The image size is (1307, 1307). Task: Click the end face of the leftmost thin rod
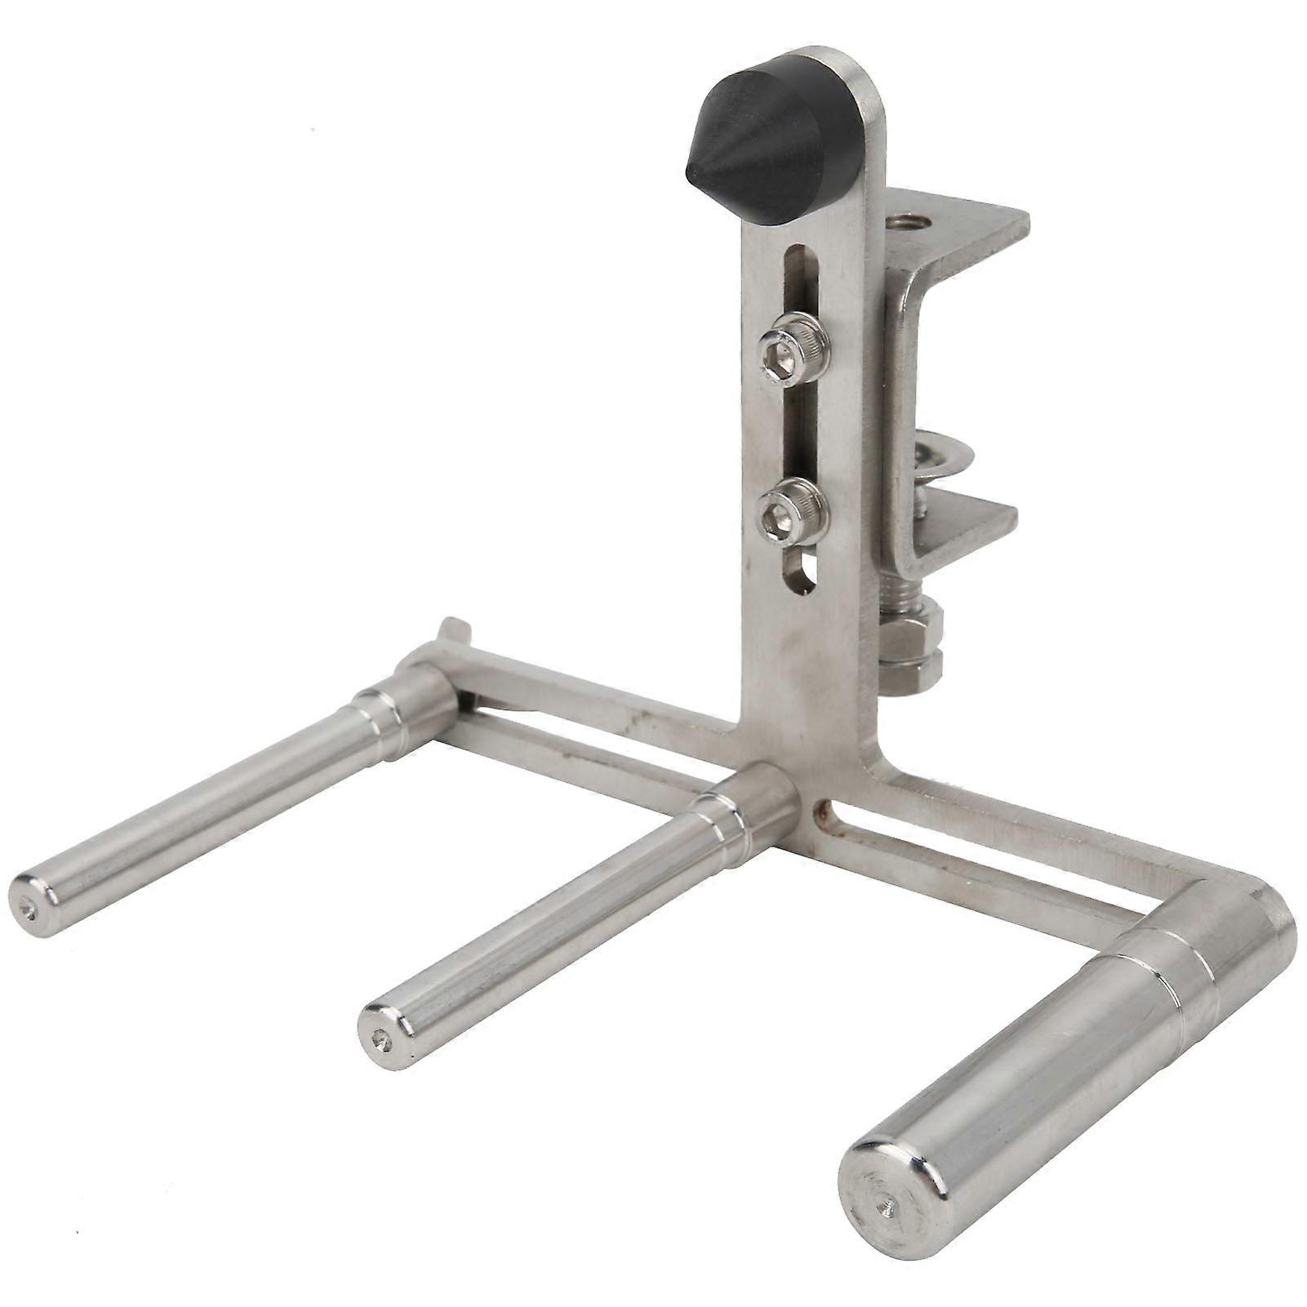31,906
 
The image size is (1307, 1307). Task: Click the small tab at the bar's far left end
452,629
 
